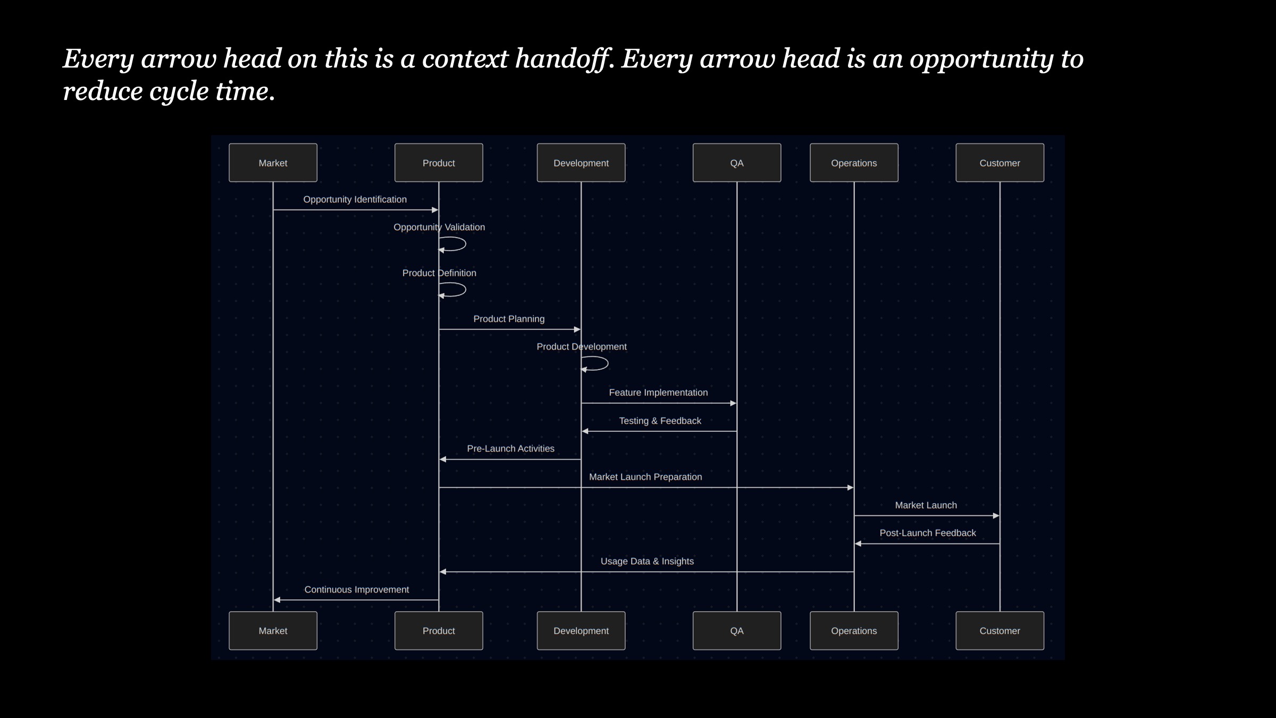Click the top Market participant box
pos(273,163)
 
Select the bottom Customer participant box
pos(1000,631)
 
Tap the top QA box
pos(737,163)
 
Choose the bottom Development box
pos(581,631)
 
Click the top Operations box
pos(854,163)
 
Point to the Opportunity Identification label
pos(355,199)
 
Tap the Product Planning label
pos(509,319)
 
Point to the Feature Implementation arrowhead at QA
pos(733,403)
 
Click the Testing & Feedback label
pos(660,421)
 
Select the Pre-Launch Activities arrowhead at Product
pos(442,459)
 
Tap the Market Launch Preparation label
pos(645,477)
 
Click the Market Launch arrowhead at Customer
pos(996,515)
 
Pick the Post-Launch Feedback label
pos(928,533)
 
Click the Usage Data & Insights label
pos(647,561)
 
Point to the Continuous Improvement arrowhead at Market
pos(276,600)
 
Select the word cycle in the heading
pos(179,92)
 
